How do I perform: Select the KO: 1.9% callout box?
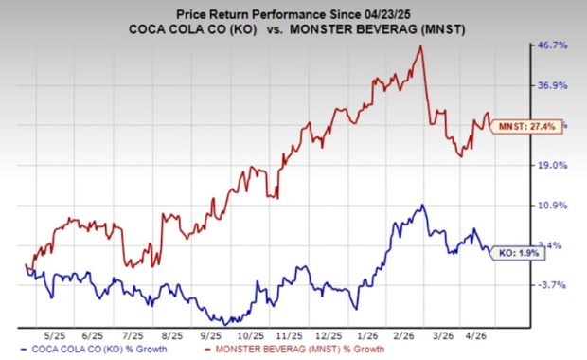coord(517,252)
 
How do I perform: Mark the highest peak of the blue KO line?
coord(423,205)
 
